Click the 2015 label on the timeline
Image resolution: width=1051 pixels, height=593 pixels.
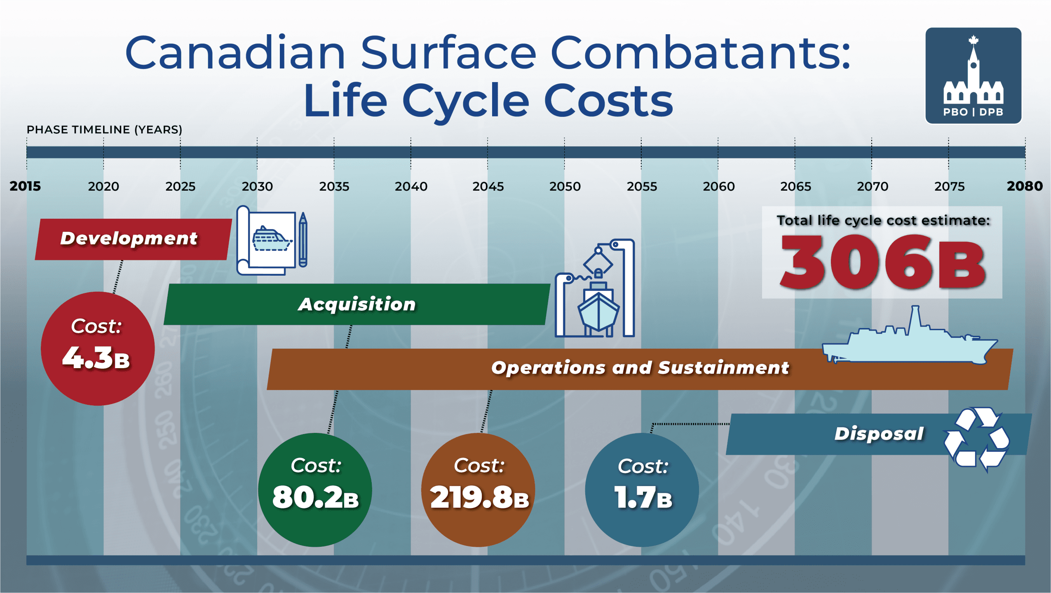tap(25, 186)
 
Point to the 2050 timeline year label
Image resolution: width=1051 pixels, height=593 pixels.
tap(565, 187)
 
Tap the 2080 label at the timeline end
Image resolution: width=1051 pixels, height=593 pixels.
tap(1025, 186)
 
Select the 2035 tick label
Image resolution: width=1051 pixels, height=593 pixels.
tap(334, 187)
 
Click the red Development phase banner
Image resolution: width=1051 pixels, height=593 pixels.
tap(134, 239)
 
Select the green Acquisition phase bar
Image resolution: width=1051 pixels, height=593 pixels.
tap(357, 304)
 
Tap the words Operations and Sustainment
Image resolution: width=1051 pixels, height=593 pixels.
tap(640, 368)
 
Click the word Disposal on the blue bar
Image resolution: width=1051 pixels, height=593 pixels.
tap(879, 434)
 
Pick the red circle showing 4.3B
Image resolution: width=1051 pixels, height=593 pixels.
tap(98, 349)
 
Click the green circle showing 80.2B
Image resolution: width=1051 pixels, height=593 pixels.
tap(315, 490)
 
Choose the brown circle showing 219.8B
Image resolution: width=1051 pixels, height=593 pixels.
tap(478, 490)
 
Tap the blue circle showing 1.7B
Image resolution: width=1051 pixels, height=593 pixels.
tap(642, 490)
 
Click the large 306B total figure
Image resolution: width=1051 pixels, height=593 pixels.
tap(882, 262)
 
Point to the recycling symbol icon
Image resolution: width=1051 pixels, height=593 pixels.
tap(976, 439)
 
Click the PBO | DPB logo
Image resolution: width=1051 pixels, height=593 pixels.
tap(973, 76)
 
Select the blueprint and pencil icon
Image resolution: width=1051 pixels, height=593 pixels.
tap(272, 240)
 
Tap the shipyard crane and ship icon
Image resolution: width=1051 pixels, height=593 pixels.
tap(595, 288)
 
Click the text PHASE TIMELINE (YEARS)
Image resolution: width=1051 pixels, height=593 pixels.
tap(104, 130)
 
